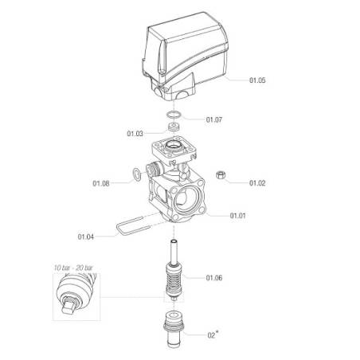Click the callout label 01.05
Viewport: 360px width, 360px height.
pyautogui.click(x=257, y=80)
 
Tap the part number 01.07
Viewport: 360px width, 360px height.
pyautogui.click(x=214, y=119)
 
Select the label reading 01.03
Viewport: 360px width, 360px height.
pyautogui.click(x=135, y=134)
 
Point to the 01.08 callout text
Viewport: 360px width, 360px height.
pyautogui.click(x=101, y=183)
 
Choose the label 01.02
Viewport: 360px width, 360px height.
pyautogui.click(x=257, y=183)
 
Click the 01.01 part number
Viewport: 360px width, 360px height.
pyautogui.click(x=237, y=215)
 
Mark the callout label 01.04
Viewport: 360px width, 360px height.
pyautogui.click(x=86, y=237)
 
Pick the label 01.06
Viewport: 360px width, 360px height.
pyautogui.click(x=214, y=278)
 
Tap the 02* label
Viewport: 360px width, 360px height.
pyautogui.click(x=213, y=335)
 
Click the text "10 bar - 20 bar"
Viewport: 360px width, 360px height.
pyautogui.click(x=73, y=268)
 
